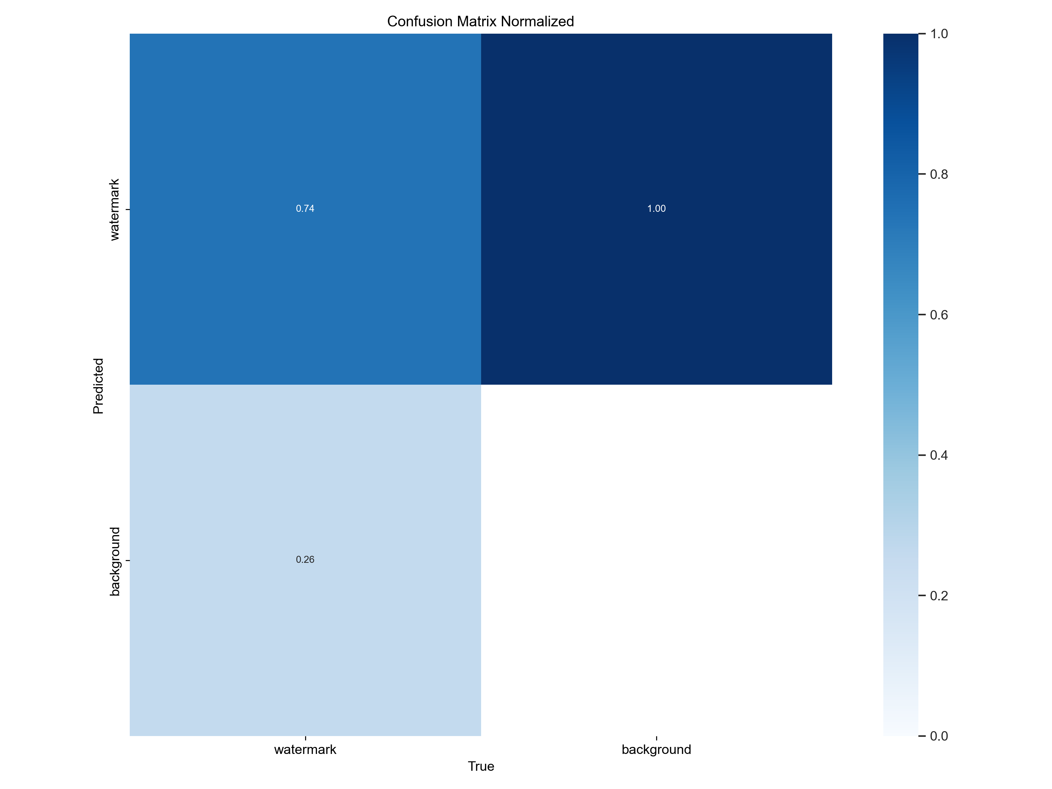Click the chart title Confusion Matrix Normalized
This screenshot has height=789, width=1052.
480,21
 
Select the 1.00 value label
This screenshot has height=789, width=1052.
656,209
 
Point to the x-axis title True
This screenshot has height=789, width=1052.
481,766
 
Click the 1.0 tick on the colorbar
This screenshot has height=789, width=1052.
939,34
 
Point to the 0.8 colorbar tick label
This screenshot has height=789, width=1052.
939,175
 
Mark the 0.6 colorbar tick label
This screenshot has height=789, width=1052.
939,315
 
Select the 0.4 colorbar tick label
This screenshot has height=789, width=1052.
939,456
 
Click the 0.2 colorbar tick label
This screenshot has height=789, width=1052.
939,596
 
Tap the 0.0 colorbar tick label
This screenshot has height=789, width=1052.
939,736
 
